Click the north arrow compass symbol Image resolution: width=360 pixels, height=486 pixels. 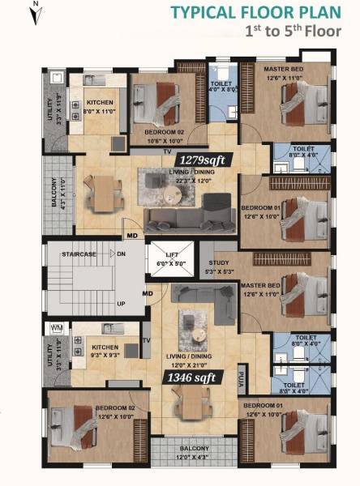click(35, 11)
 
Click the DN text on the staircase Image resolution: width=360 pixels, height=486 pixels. click(121, 254)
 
